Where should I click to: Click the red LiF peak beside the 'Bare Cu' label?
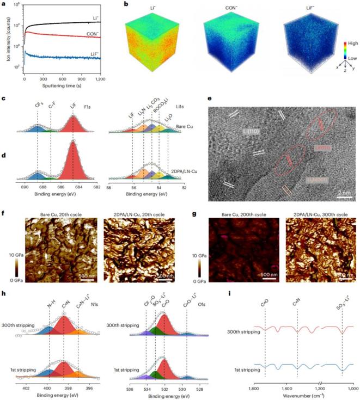pos(72,122)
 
